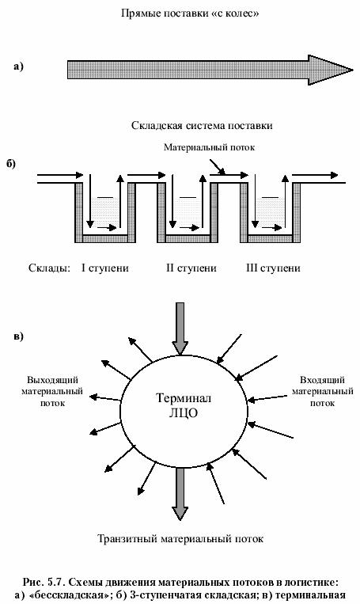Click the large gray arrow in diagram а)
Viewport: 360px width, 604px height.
tap(210, 70)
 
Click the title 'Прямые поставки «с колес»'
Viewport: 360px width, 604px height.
tap(190, 13)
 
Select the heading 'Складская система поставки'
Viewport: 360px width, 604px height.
tap(202, 126)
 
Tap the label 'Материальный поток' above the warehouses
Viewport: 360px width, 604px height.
tap(209, 147)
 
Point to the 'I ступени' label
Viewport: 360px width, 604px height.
tap(105, 268)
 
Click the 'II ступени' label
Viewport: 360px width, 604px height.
tap(191, 268)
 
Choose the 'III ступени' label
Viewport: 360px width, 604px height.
tap(273, 268)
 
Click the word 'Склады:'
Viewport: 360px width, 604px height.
tap(49, 268)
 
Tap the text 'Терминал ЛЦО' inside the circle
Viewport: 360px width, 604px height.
tap(184, 405)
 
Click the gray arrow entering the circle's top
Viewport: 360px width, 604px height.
tap(180, 329)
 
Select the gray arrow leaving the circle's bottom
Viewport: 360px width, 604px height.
tap(180, 494)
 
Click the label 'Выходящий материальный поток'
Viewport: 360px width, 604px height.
tap(52, 391)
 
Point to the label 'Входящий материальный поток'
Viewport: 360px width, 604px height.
tap(322, 391)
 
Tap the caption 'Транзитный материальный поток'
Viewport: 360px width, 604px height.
tap(180, 538)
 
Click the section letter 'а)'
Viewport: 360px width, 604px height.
tap(18, 66)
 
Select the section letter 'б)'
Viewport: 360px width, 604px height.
tap(10, 163)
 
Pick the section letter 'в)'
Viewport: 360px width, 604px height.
tap(18, 336)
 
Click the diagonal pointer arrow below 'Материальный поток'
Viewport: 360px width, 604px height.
tap(218, 167)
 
